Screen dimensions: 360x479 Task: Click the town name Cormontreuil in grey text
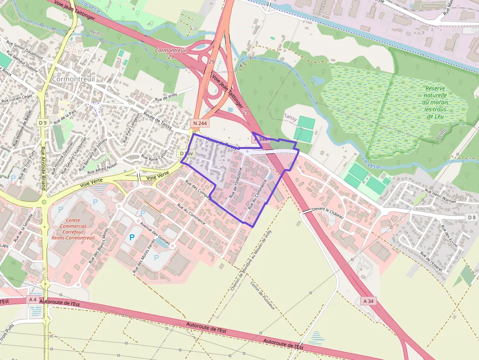73,79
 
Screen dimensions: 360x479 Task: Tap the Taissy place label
290,117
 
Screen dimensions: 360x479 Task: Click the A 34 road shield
369,301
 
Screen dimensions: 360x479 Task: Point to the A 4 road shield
33,299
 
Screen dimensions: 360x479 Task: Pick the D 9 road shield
43,123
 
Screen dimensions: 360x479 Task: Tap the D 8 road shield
471,217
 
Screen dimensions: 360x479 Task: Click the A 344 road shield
261,140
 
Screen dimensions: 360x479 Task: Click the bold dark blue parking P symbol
131,237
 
